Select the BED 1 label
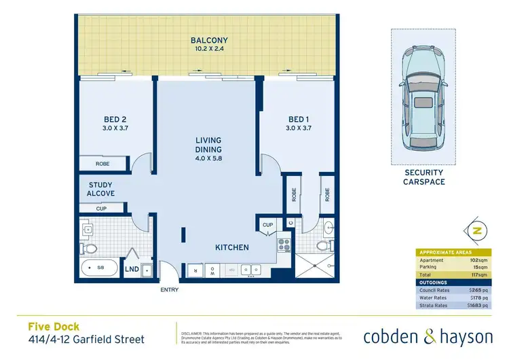pos(299,119)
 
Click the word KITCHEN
pos(232,247)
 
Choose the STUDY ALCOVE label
pos(102,189)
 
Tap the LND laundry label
pos(133,270)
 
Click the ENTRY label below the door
pos(169,290)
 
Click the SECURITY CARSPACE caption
pos(423,178)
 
